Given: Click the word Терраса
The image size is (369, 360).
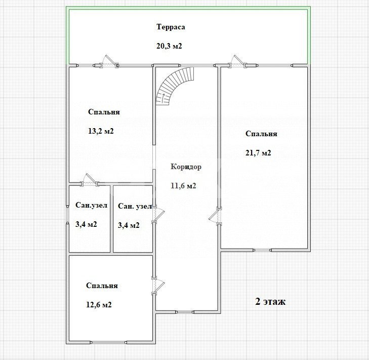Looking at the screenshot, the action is pos(171,27).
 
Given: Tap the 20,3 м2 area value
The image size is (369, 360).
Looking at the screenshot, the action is pos(169,46).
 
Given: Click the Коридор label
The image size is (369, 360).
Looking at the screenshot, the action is pos(186,167).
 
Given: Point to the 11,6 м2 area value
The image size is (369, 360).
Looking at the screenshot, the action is pos(183,186).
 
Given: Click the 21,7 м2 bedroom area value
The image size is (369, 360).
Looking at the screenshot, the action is pos(258,153).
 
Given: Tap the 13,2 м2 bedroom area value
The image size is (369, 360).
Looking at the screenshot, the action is pos(101,131).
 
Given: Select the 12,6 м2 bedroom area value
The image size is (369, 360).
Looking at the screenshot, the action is pos(99,305).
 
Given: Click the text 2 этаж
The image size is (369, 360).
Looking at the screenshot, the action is pos(270,302).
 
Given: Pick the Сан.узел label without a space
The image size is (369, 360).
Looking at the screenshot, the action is pos(91,205).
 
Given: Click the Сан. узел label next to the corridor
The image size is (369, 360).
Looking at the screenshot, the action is pos(135,206).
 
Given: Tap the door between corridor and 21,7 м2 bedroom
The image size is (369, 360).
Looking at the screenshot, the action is pos(215,216).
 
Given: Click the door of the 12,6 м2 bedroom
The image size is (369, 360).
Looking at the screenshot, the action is pos(157,286).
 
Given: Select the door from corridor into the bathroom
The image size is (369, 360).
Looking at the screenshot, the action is pos(157,214).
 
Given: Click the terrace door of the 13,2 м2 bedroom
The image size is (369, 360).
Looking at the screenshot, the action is pos(109,62).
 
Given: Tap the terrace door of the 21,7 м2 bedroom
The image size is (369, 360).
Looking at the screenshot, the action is pos(238,62).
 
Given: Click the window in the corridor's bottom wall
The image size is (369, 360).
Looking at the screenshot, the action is pos(184,312).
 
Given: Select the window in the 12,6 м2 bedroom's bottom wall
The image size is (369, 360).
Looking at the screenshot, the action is pos(109,342).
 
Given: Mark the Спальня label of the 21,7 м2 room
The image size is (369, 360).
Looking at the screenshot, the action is pos(261,134).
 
